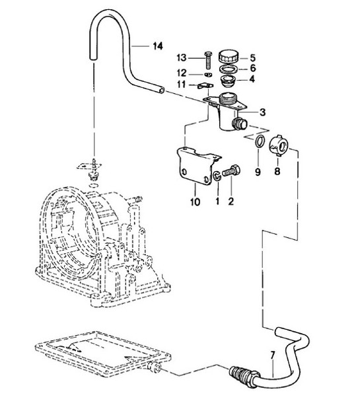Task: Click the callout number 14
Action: tap(157, 46)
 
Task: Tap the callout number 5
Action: tap(253, 57)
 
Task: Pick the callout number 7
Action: tap(271, 361)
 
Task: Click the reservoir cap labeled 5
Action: tap(229, 57)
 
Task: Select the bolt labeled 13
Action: tap(208, 58)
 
